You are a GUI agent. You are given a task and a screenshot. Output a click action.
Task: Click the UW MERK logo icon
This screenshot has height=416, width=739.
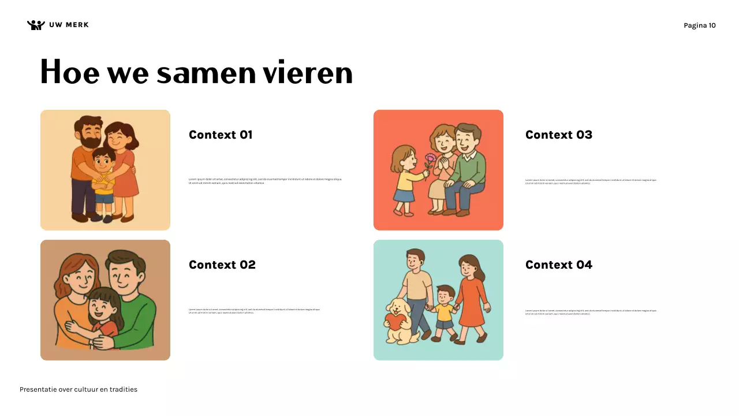[36, 25]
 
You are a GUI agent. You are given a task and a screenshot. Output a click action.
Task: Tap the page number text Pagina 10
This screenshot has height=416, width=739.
[699, 25]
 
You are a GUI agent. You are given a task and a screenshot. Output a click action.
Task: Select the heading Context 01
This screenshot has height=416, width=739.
[221, 135]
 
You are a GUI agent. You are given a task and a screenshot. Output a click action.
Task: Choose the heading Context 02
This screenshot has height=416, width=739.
[222, 265]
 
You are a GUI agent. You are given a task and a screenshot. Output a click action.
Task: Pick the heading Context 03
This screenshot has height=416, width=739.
[558, 135]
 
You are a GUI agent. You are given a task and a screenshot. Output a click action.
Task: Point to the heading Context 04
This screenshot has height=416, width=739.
[558, 265]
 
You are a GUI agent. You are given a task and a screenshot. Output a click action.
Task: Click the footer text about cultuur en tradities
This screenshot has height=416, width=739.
[79, 389]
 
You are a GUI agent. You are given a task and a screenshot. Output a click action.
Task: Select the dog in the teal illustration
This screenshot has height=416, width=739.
[400, 322]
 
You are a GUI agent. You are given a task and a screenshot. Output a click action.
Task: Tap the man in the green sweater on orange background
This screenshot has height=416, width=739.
[466, 168]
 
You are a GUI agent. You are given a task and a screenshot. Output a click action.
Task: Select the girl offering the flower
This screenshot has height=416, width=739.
[404, 179]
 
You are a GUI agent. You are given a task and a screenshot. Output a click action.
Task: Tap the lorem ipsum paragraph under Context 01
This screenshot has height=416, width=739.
[265, 181]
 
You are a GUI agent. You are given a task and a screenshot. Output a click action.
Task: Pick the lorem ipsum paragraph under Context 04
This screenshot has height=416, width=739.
[591, 312]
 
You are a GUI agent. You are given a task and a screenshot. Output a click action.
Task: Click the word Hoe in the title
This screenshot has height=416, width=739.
[69, 73]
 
